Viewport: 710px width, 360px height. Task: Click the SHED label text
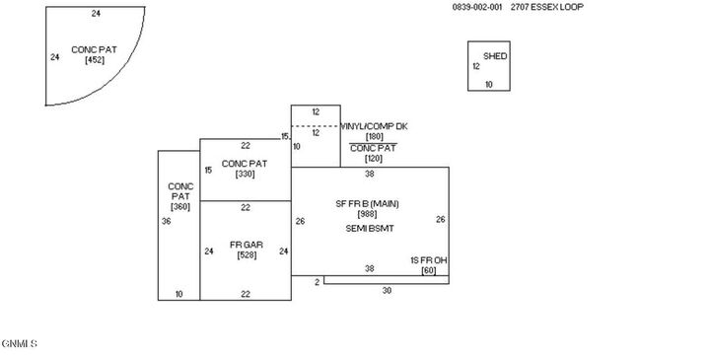[x=495, y=56]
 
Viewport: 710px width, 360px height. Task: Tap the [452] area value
[x=95, y=60]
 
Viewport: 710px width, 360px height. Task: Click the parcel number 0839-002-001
[x=477, y=7]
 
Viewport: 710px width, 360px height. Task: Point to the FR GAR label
[x=246, y=245]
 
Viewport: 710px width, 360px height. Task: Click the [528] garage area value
[x=246, y=255]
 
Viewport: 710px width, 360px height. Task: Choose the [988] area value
[x=368, y=214]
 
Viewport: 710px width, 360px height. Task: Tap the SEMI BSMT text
[x=368, y=228]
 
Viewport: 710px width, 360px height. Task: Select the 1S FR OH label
[x=428, y=260]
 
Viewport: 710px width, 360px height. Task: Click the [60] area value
[x=428, y=270]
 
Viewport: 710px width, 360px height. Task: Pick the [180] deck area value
[x=374, y=137]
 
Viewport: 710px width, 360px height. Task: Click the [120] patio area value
[x=374, y=158]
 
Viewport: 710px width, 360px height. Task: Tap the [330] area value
[x=245, y=174]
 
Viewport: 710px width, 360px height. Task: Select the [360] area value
[x=179, y=206]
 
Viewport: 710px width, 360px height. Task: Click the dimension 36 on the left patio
[x=166, y=222]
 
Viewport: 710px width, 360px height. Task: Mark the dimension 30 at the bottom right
[x=387, y=290]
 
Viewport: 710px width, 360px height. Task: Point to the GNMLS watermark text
[x=20, y=343]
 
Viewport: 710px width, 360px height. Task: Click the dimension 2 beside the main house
[x=317, y=282]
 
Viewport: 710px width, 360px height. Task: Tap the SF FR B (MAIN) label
[x=368, y=203]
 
